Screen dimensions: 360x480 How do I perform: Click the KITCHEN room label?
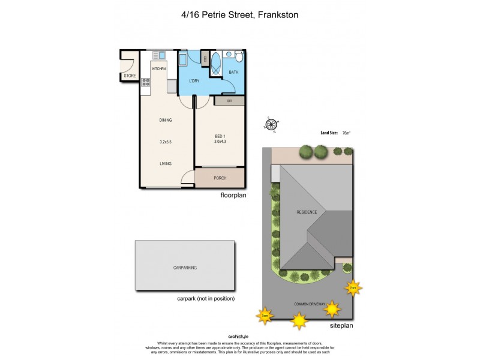tap(158, 69)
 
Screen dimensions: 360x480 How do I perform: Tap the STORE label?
tap(130, 76)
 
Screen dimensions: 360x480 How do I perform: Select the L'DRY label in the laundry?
tap(194, 81)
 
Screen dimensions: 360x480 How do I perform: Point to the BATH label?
tap(233, 73)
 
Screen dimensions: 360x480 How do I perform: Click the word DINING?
tap(166, 120)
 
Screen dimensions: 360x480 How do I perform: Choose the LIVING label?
tap(166, 163)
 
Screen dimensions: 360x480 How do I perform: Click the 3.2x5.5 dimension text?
tap(166, 142)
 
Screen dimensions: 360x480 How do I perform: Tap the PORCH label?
tap(220, 178)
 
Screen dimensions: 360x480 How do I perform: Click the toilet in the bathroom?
tap(238, 57)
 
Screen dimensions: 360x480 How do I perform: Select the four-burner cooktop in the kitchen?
tap(145, 82)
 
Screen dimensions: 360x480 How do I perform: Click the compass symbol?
tap(271, 125)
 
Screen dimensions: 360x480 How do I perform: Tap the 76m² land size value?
tap(346, 133)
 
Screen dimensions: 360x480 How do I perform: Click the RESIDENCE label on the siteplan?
tap(310, 212)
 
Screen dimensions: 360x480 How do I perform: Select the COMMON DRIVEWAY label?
tap(310, 304)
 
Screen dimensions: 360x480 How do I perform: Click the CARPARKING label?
tap(185, 268)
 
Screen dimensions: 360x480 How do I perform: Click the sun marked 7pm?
tap(352, 287)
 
